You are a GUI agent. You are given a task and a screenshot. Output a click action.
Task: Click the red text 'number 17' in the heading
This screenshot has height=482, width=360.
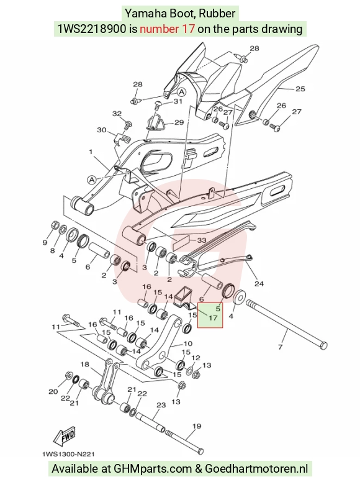coord(167,29)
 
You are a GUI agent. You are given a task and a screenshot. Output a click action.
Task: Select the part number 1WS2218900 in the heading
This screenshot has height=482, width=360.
coord(92,29)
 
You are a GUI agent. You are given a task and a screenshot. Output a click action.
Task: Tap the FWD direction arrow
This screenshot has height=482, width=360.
coord(64,436)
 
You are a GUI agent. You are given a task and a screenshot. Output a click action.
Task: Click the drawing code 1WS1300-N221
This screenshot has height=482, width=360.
coord(68,454)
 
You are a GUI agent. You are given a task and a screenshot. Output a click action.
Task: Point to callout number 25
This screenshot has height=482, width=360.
coord(300,89)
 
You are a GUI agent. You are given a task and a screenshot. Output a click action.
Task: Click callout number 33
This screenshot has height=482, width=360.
coord(201,240)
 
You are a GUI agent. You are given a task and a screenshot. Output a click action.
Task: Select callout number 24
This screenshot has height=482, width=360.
coord(259,283)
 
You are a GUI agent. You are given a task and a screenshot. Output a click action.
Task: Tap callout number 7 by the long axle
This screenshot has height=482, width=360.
coord(280,347)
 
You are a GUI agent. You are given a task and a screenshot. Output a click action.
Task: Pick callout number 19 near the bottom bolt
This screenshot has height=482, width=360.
coord(197,426)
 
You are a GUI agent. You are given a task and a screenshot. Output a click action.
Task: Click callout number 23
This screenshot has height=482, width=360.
coord(161,405)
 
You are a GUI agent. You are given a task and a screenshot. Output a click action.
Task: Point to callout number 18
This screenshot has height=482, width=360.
coord(84,365)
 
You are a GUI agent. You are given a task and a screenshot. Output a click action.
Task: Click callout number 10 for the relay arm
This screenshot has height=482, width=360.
coord(187,343)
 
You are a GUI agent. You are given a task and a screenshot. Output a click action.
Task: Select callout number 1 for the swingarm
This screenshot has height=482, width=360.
coord(91,152)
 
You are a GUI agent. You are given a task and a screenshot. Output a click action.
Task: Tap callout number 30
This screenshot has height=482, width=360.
coord(102,130)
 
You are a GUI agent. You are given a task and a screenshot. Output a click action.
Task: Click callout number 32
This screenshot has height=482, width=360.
coord(117,114)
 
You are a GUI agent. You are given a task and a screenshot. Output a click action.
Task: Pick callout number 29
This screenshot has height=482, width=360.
coord(179,122)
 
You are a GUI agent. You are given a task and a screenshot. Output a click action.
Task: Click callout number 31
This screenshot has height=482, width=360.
coord(178,101)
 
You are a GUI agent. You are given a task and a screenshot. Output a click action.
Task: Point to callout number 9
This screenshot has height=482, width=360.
coord(45,242)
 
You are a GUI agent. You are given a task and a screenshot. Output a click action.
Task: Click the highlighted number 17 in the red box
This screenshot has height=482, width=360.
coord(213,317)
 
